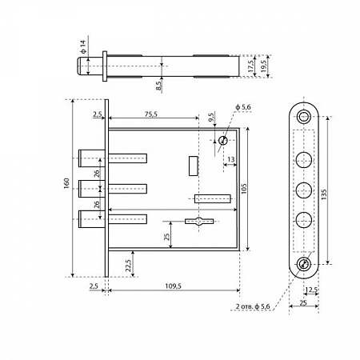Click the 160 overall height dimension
(66, 183)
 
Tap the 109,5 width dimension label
(173, 286)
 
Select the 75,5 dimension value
(151, 114)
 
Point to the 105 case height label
(244, 188)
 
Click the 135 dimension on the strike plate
(324, 194)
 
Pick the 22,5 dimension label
(128, 266)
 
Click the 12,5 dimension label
(311, 290)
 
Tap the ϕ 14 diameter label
(83, 46)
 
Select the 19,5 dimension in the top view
(263, 66)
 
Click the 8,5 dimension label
(158, 86)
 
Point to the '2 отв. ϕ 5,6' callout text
(253, 306)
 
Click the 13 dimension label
(231, 159)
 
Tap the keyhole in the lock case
(199, 221)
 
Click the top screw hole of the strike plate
(304, 117)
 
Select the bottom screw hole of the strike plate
(304, 264)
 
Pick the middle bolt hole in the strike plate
(304, 190)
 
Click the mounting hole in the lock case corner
(222, 140)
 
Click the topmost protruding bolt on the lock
(91, 158)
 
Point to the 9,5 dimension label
(211, 118)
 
